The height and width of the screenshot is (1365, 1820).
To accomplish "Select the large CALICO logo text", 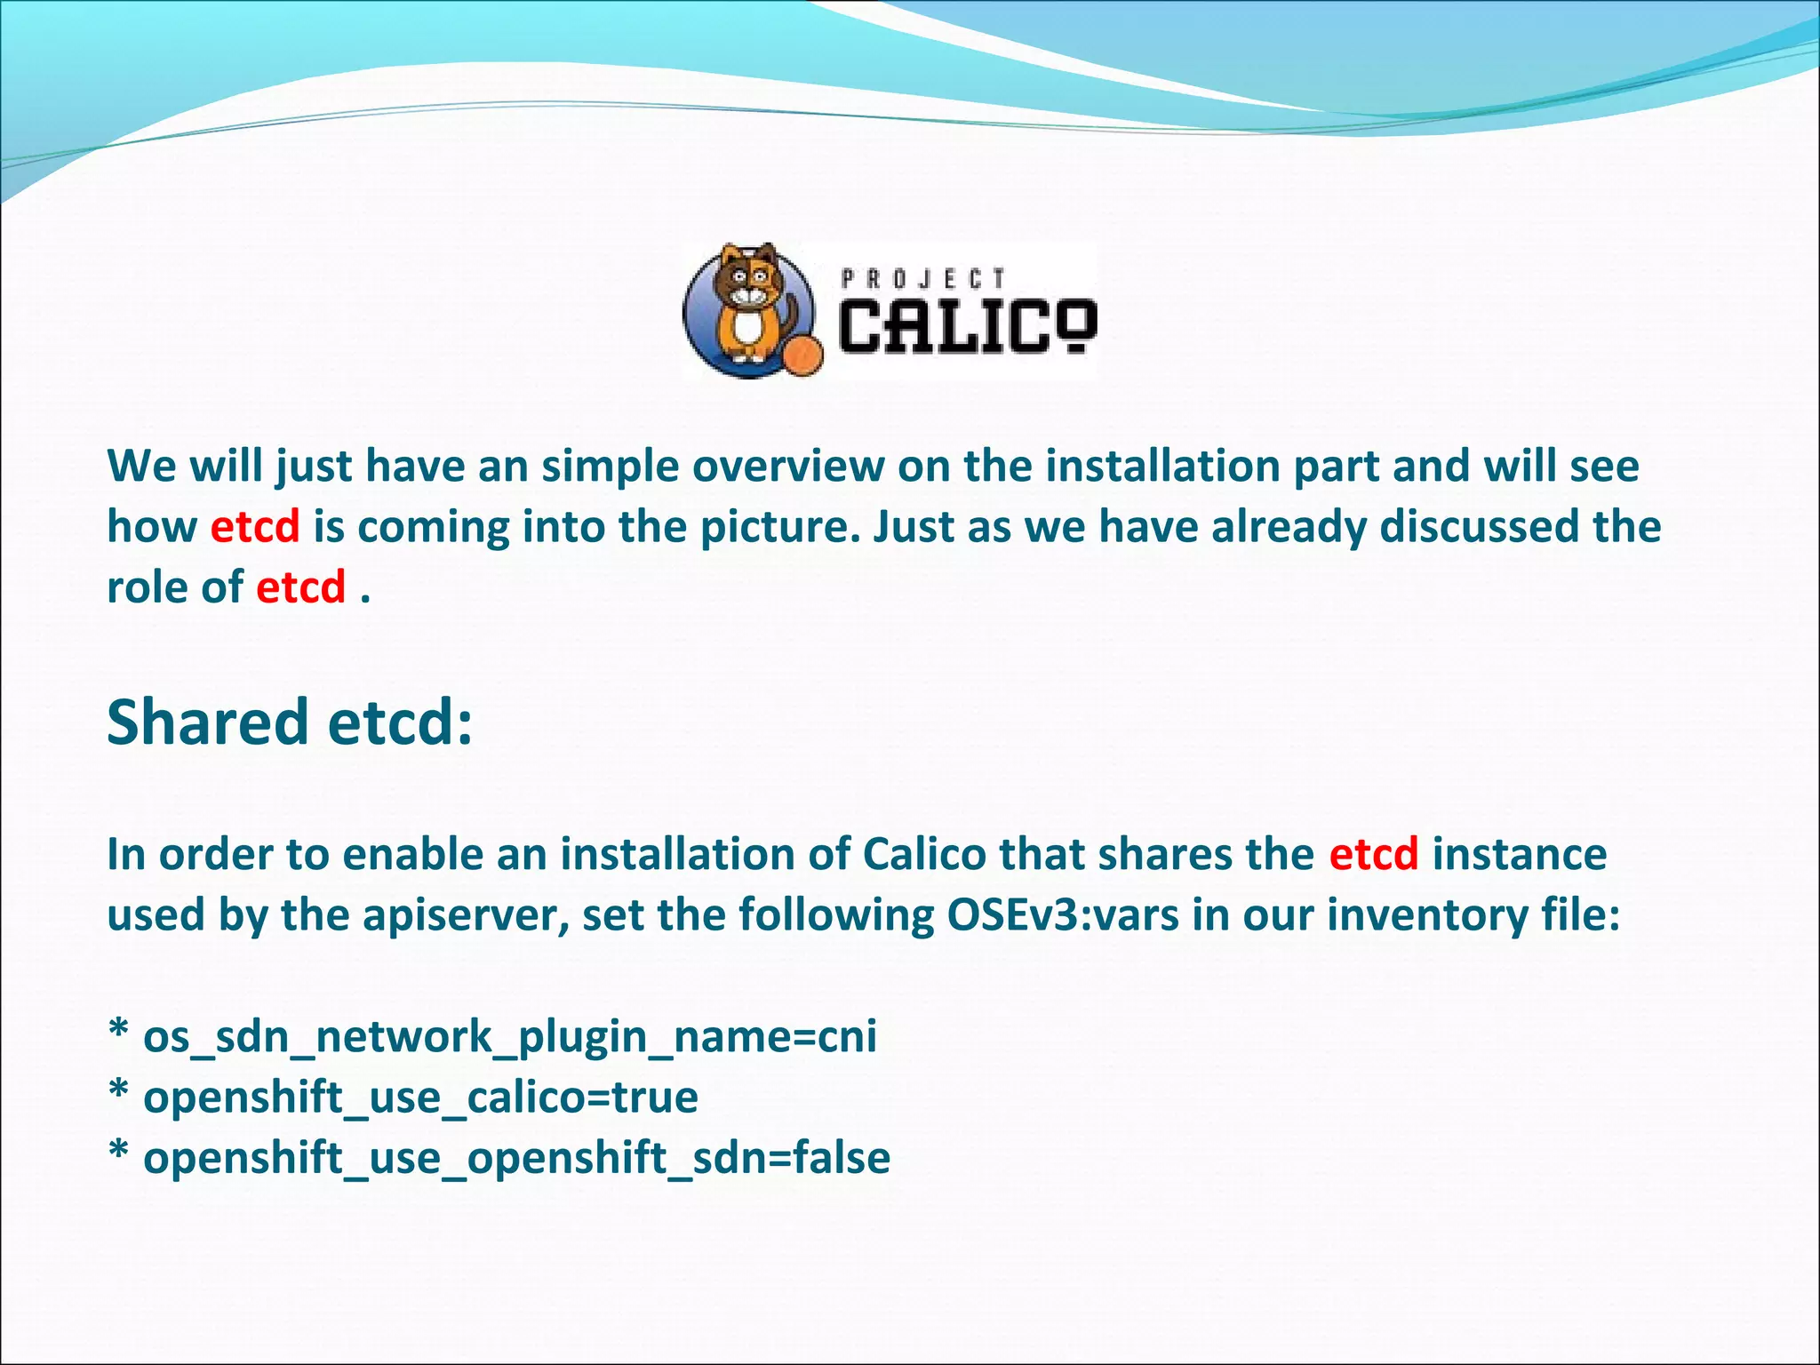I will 967,326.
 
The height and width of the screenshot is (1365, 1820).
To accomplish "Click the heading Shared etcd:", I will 290,722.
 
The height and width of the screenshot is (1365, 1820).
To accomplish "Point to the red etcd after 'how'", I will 255,526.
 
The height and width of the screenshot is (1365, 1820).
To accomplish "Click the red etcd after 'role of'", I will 300,587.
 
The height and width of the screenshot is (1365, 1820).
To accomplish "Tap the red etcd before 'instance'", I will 1373,854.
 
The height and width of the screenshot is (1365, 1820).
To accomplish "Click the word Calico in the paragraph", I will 924,854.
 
